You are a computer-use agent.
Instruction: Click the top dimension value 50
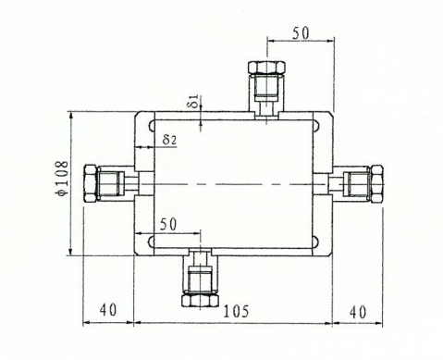click(x=301, y=33)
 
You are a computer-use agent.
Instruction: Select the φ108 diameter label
click(x=62, y=178)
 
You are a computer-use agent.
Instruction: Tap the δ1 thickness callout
click(x=194, y=101)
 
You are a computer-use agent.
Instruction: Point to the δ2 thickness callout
click(x=169, y=139)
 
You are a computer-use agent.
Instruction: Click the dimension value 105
click(x=236, y=311)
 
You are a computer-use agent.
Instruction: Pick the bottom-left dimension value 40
click(x=108, y=310)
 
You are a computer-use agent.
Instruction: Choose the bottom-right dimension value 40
click(x=358, y=312)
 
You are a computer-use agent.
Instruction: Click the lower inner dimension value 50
click(x=168, y=224)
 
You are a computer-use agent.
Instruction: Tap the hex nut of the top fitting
click(x=267, y=68)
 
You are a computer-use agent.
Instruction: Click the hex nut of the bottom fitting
click(x=200, y=300)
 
